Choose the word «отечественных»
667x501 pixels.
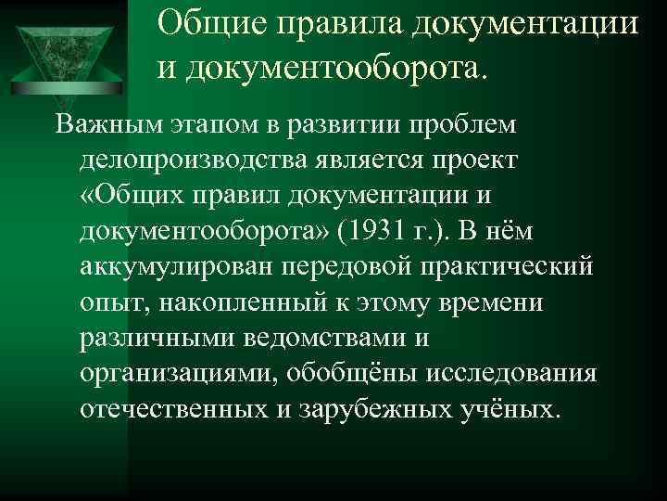[180, 410]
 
